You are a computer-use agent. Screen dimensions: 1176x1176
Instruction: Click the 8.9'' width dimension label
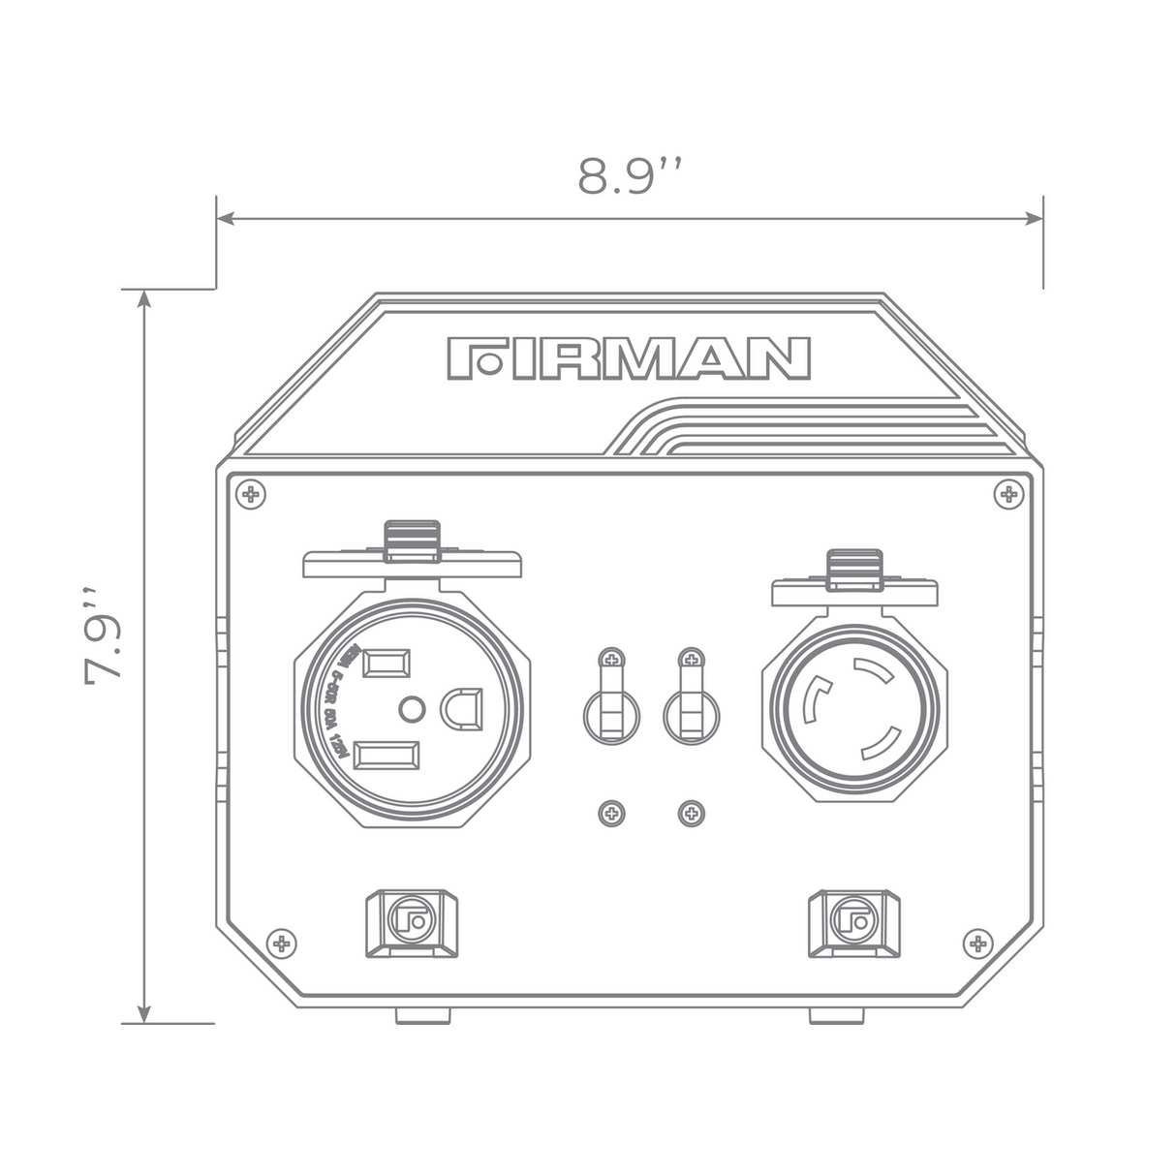pyautogui.click(x=630, y=176)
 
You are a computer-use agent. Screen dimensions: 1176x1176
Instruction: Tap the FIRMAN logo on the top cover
pyautogui.click(x=629, y=357)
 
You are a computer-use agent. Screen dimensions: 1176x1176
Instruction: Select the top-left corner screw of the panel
pyautogui.click(x=252, y=495)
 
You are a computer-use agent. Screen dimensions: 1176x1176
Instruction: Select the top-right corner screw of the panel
pyautogui.click(x=1008, y=495)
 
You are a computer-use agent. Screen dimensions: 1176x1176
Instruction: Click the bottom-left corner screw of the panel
pyautogui.click(x=281, y=943)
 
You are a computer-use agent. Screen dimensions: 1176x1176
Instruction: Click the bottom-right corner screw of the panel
pyautogui.click(x=978, y=943)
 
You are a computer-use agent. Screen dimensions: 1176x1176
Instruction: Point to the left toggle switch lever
pyautogui.click(x=610, y=703)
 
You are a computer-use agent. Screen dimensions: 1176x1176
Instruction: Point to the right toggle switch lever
pyautogui.click(x=691, y=703)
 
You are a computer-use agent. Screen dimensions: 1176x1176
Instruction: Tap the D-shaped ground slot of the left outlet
pyautogui.click(x=462, y=708)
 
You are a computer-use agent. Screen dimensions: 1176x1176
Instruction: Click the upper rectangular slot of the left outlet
pyautogui.click(x=386, y=663)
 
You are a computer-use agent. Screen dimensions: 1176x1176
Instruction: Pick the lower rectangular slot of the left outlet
pyautogui.click(x=387, y=756)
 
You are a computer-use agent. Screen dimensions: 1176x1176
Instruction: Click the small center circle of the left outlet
pyautogui.click(x=412, y=710)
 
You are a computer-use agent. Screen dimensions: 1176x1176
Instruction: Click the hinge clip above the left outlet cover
pyautogui.click(x=413, y=541)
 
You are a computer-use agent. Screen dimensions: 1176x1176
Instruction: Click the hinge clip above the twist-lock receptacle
pyautogui.click(x=854, y=569)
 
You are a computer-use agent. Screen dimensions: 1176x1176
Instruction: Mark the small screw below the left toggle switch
pyautogui.click(x=610, y=812)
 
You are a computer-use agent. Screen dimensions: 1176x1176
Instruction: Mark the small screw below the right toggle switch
pyautogui.click(x=691, y=812)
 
